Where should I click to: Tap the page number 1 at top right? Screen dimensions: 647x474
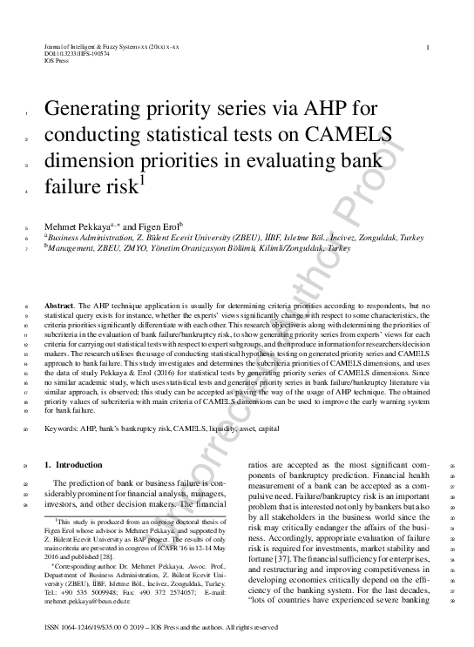(427, 47)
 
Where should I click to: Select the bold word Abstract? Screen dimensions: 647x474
(59, 307)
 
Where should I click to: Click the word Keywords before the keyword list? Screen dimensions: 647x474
(64, 429)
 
